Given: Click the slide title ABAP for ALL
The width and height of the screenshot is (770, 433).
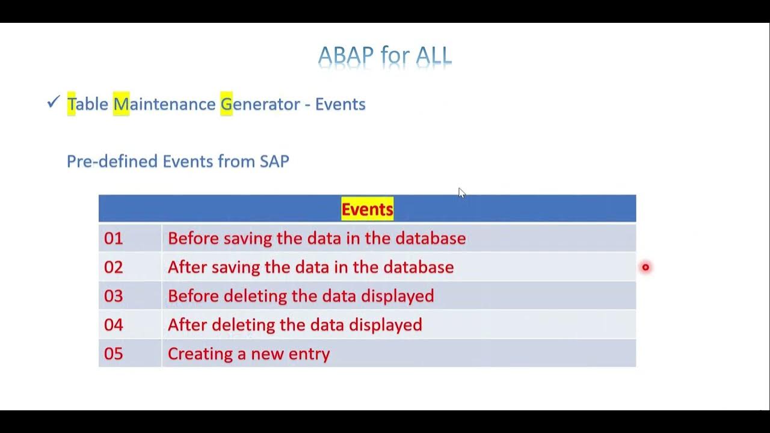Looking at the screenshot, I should [x=384, y=56].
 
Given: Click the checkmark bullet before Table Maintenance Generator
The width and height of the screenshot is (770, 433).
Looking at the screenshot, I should [x=53, y=103].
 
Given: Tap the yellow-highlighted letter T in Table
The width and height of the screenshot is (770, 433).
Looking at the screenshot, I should [x=71, y=104].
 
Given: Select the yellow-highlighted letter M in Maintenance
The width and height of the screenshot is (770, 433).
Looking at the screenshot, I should [x=121, y=104].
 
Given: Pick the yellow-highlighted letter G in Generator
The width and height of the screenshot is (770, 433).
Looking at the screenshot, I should [x=226, y=104].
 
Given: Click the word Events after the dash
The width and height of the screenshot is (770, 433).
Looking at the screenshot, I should [x=340, y=104].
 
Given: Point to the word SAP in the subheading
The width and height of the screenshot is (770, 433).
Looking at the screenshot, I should [x=274, y=161].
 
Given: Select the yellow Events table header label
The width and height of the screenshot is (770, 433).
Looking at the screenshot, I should [x=367, y=209].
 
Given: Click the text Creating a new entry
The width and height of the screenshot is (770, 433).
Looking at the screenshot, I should [x=248, y=354].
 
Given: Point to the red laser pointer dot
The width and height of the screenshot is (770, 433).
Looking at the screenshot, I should [x=645, y=267].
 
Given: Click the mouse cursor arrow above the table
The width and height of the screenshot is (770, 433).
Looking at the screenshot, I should [x=461, y=192].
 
